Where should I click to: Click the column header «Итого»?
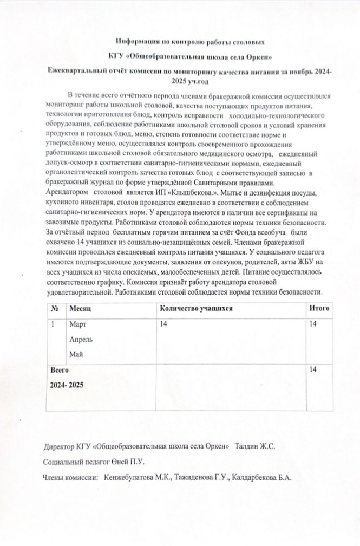pyautogui.click(x=318, y=308)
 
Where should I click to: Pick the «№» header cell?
pyautogui.click(x=55, y=308)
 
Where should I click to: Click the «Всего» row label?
pyautogui.click(x=60, y=369)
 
